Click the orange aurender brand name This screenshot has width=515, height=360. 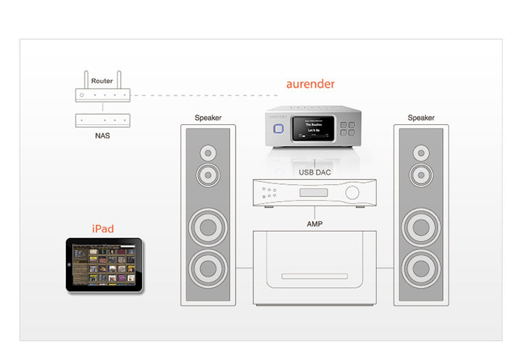tap(310, 85)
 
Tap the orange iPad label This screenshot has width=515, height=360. tap(102, 229)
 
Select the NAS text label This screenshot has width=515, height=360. tap(102, 135)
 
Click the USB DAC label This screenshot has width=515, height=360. tap(314, 172)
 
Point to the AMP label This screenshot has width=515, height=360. tap(314, 224)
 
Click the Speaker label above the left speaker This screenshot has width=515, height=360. tap(208, 117)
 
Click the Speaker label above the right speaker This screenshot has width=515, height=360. tap(421, 117)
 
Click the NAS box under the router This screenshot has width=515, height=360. tap(102, 120)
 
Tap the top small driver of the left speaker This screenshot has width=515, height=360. tap(208, 151)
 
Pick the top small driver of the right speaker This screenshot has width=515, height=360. tap(421, 151)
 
